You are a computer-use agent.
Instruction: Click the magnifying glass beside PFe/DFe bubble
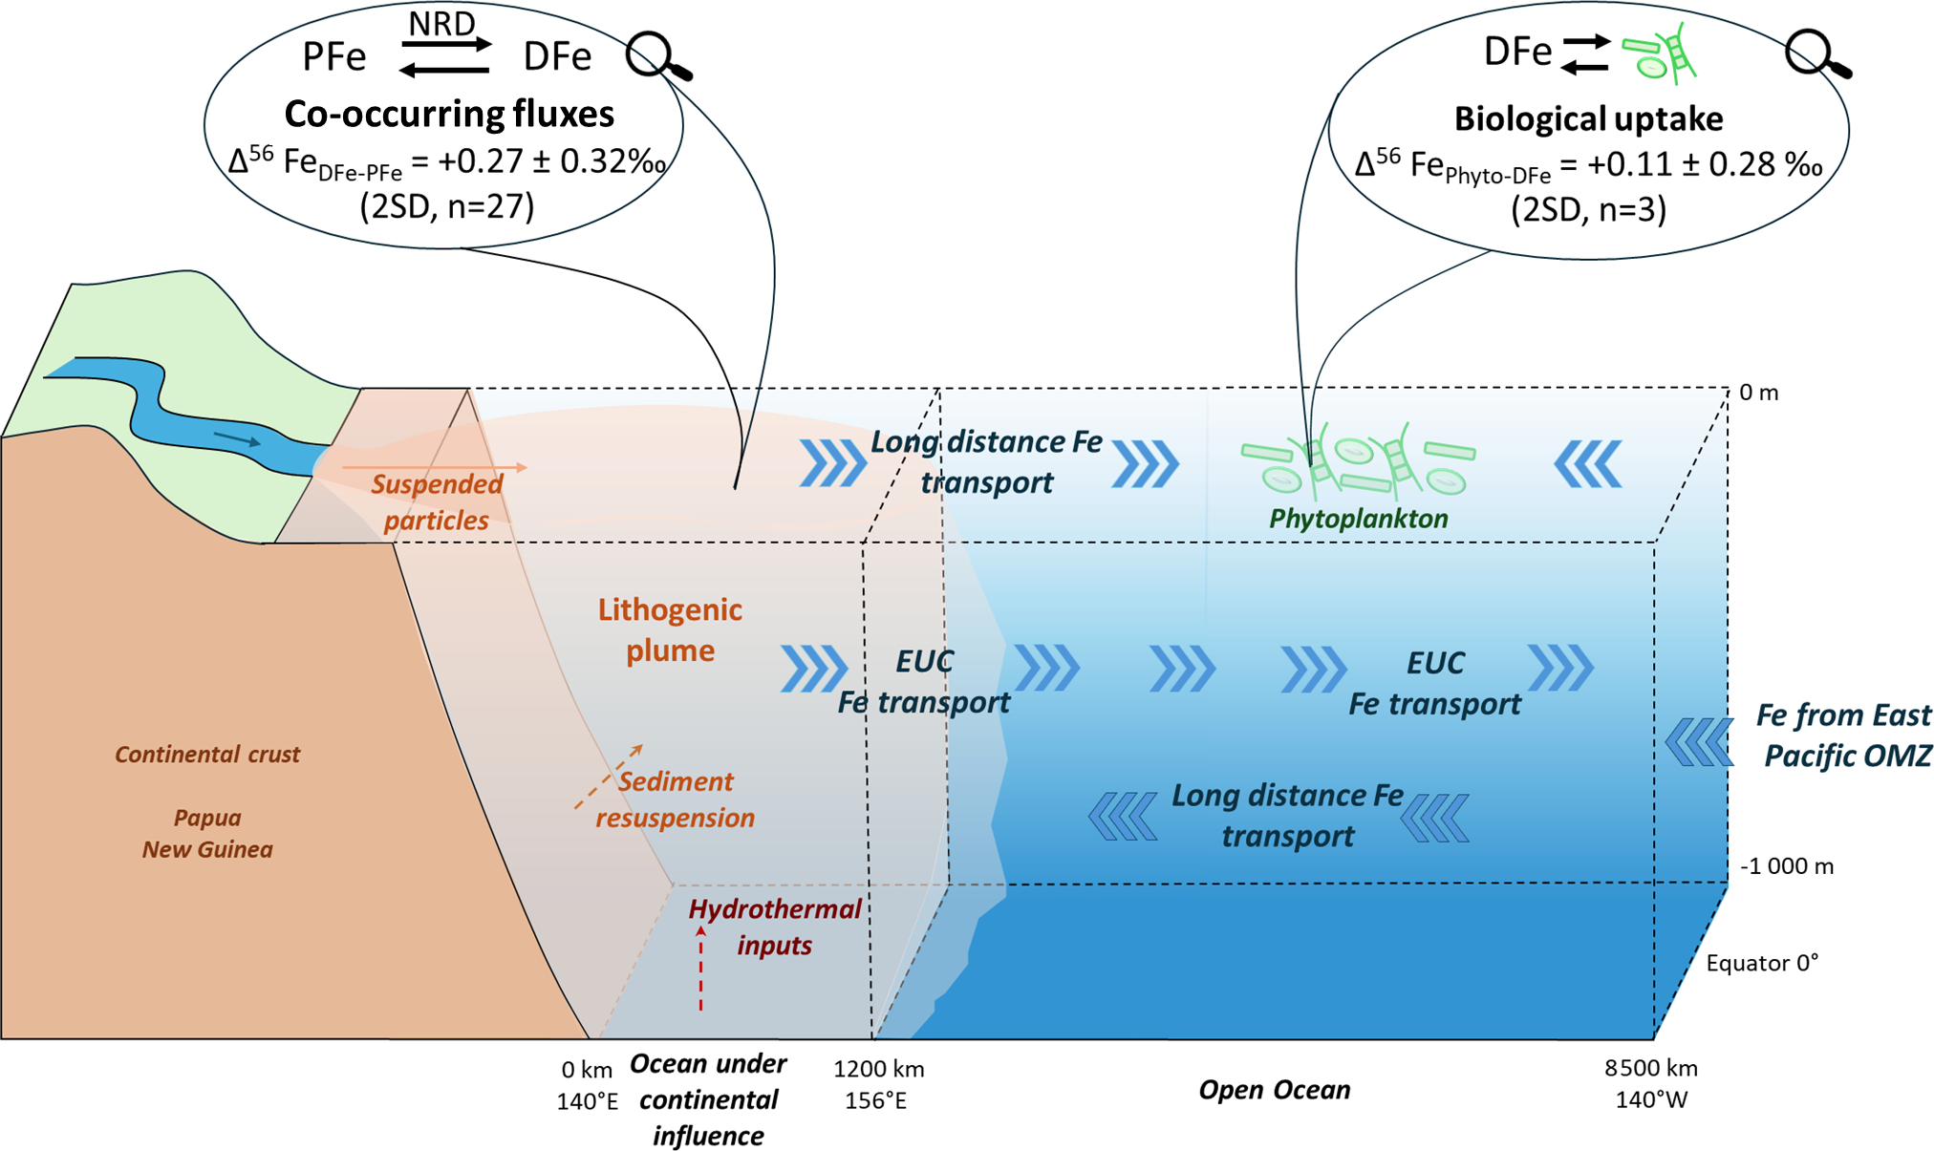pos(656,56)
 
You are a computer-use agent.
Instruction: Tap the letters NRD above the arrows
pos(441,24)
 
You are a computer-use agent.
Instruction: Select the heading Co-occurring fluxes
pos(449,114)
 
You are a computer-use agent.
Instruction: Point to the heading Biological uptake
pos(1588,118)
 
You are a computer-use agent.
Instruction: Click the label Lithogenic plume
pos(670,630)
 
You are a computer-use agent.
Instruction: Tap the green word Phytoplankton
pos(1358,519)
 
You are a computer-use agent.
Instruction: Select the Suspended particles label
pos(437,502)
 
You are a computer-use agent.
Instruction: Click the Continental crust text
pos(207,755)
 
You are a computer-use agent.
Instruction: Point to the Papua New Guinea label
pos(207,834)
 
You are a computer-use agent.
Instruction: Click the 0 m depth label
pos(1758,393)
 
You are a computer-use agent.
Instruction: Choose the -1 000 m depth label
pos(1786,866)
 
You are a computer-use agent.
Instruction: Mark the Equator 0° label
pos(1762,963)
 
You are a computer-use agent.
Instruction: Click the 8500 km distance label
pos(1650,1068)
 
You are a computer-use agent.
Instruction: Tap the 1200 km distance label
pos(878,1069)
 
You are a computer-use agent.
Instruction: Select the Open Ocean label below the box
pos(1274,1090)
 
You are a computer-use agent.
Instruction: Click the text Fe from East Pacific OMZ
pos(1844,735)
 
